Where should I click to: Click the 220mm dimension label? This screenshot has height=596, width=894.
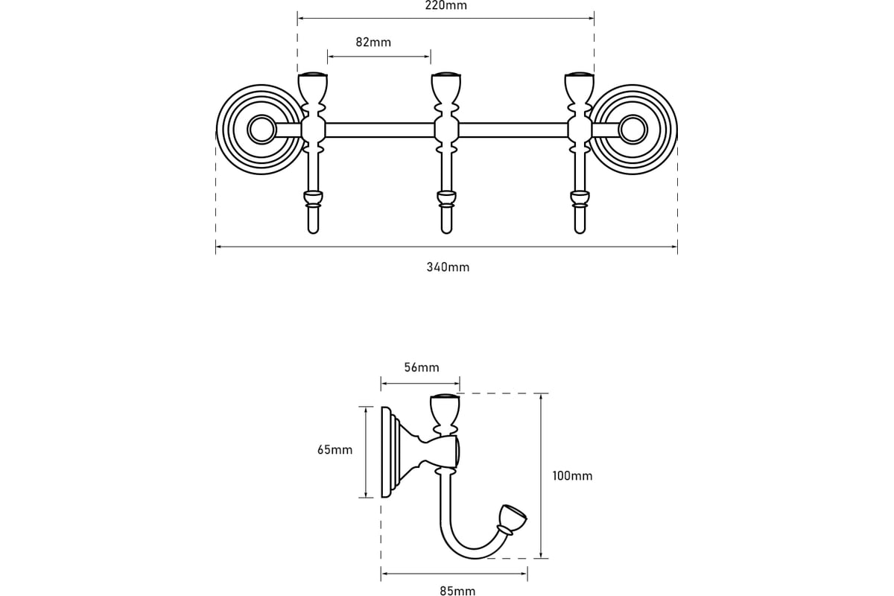point(446,6)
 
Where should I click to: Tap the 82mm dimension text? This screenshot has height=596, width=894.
point(373,42)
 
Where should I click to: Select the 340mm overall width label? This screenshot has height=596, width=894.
point(448,267)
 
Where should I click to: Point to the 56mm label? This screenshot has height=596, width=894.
point(422,367)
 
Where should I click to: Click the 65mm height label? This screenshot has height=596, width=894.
point(335,450)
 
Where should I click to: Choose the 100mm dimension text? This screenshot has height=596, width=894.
point(572,476)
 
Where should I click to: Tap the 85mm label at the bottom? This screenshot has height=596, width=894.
point(457,591)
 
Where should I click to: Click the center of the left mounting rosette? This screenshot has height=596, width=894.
point(261,130)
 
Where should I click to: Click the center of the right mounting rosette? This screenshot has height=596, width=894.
point(633,130)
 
